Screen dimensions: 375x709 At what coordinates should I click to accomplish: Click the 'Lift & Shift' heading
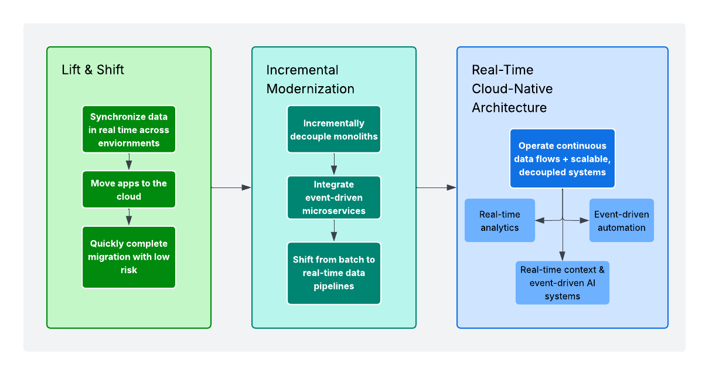pyautogui.click(x=93, y=70)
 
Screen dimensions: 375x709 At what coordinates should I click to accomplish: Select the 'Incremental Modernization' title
pyautogui.click(x=310, y=80)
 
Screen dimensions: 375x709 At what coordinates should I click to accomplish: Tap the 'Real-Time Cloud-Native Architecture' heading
pyautogui.click(x=512, y=89)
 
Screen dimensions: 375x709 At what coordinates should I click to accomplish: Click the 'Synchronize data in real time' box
pyautogui.click(x=129, y=129)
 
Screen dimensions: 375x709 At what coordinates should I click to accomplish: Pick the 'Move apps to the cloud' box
pyautogui.click(x=129, y=190)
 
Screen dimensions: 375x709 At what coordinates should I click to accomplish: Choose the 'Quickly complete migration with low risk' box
pyautogui.click(x=129, y=257)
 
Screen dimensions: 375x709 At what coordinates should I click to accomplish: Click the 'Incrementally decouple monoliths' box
pyautogui.click(x=334, y=129)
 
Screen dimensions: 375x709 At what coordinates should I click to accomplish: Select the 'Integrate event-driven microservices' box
pyautogui.click(x=334, y=197)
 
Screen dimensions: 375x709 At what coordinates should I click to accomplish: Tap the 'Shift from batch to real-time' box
pyautogui.click(x=334, y=273)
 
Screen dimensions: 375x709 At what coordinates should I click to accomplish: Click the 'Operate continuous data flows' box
pyautogui.click(x=563, y=159)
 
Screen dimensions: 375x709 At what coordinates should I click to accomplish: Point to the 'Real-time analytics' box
pyautogui.click(x=499, y=220)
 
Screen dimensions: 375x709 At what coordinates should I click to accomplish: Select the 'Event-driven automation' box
pyautogui.click(x=621, y=220)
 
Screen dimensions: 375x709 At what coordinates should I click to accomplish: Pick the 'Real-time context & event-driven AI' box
pyautogui.click(x=563, y=283)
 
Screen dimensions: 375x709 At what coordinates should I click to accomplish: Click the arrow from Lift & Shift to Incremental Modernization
pyautogui.click(x=231, y=187)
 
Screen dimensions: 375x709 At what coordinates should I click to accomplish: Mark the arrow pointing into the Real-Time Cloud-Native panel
pyautogui.click(x=436, y=187)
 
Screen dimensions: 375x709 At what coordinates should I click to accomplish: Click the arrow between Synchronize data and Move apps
pyautogui.click(x=129, y=162)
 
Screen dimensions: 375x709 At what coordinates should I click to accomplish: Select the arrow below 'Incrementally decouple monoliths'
pyautogui.click(x=334, y=164)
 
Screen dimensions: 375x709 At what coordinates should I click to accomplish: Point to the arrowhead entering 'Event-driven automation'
pyautogui.click(x=584, y=220)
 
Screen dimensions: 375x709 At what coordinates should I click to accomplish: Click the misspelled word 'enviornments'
pyautogui.click(x=129, y=143)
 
